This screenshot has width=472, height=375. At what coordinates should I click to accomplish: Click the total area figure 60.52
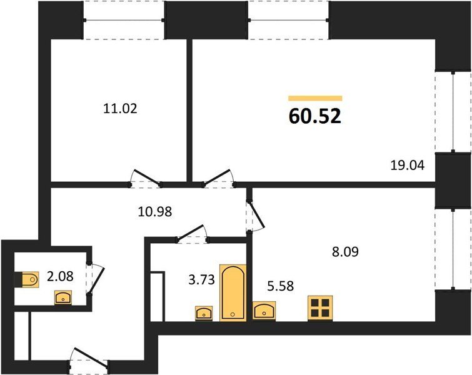(315, 116)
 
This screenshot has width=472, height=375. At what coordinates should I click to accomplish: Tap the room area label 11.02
(120, 108)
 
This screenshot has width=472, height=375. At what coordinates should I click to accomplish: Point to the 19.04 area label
(407, 165)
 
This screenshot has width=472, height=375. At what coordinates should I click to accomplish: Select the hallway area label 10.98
(155, 212)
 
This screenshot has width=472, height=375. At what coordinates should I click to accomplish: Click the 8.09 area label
(345, 252)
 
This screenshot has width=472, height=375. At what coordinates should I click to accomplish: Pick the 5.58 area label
(280, 286)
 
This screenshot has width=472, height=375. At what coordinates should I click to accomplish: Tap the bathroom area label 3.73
(201, 279)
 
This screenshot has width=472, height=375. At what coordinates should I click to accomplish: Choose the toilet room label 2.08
(60, 276)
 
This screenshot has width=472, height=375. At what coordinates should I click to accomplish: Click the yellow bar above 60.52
(315, 98)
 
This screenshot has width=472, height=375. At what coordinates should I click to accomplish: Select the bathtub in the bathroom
(233, 293)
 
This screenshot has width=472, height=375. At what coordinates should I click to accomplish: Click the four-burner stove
(320, 308)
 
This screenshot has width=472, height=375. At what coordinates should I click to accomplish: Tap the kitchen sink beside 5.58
(264, 311)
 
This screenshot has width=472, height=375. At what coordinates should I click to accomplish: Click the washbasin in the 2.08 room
(63, 297)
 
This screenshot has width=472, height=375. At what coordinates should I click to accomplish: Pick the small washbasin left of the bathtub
(204, 314)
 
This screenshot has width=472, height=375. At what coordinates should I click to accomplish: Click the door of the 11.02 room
(146, 177)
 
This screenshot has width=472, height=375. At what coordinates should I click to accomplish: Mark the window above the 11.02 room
(124, 20)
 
